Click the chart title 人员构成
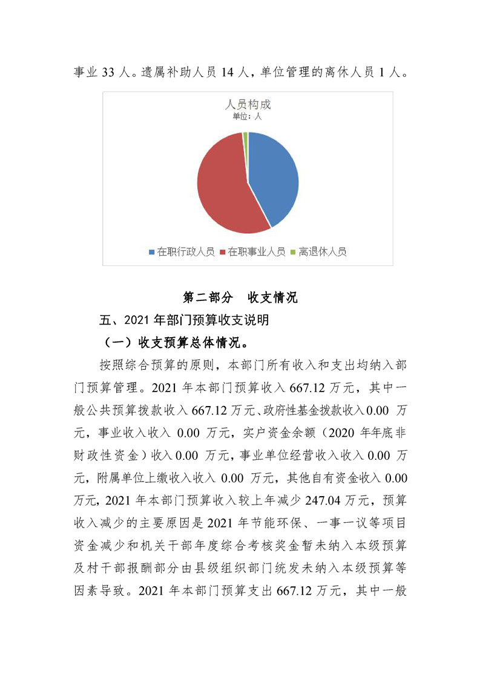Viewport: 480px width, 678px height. [248, 104]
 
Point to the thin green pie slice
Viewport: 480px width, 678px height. [245, 138]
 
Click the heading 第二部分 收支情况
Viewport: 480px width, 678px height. [240, 297]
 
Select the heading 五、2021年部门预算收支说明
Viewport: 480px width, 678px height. [184, 321]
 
